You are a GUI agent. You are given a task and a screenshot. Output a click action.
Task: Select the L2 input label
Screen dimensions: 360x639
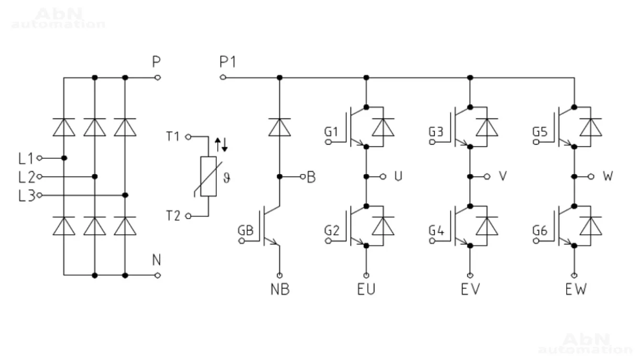26,177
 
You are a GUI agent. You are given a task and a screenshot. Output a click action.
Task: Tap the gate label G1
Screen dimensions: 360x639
330,131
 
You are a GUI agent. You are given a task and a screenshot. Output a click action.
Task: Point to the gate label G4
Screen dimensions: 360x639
435,231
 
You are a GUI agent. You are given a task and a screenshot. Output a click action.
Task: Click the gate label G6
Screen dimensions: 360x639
539,231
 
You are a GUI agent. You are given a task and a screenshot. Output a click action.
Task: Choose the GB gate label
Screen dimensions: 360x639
246,231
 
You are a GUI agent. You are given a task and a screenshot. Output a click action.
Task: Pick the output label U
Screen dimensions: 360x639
399,177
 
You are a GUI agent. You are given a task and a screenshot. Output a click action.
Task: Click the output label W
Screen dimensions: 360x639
608,177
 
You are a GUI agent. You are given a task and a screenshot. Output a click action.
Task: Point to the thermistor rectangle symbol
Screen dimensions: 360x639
208,177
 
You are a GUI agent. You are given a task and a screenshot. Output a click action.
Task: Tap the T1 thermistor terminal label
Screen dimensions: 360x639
173,137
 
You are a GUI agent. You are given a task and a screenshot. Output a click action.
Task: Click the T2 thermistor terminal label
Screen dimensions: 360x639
173,216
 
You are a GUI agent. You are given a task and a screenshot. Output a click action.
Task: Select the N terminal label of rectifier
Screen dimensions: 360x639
156,260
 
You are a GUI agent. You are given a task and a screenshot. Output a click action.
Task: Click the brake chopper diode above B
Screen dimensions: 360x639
280,126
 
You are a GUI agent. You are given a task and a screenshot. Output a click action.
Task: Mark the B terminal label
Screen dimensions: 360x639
311,177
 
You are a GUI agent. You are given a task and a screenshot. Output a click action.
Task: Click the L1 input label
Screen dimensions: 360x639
26,157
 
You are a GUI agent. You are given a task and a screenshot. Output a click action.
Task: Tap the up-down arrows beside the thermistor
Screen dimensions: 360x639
222,145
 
